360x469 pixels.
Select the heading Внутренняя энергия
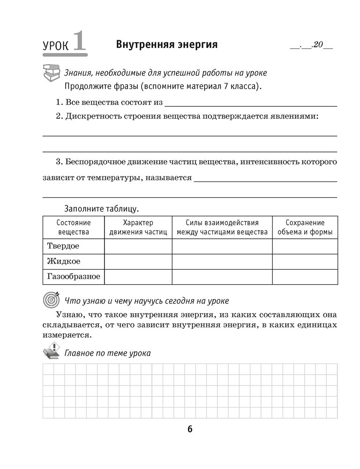tap(166, 45)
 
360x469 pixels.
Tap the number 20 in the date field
tap(317, 46)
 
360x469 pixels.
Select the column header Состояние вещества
tap(73, 227)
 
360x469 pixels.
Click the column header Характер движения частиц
tap(138, 227)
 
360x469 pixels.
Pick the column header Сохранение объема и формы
tap(305, 227)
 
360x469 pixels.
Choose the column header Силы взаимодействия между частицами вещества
tap(222, 227)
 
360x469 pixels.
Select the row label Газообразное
tap(74, 276)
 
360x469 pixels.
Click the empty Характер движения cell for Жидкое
tap(138, 261)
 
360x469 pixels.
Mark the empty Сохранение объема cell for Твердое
tap(305, 246)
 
